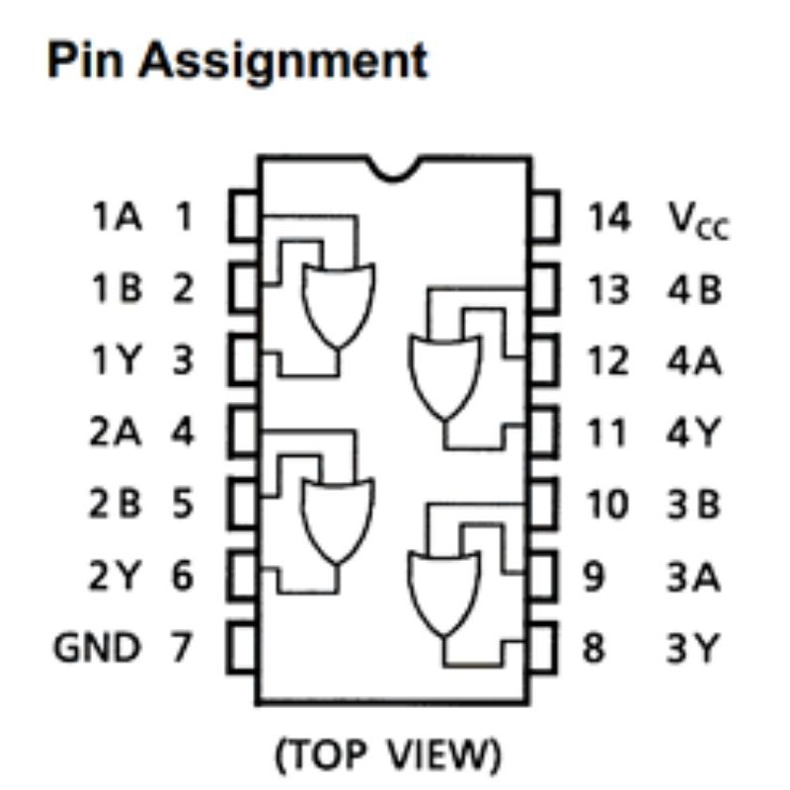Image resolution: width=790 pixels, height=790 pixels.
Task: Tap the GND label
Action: (x=97, y=649)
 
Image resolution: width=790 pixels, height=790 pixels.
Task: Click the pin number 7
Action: (x=181, y=649)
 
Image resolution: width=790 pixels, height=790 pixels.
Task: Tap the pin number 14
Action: (x=609, y=218)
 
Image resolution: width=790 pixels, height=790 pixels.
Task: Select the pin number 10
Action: (x=608, y=506)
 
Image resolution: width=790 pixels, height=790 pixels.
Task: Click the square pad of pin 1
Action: (x=244, y=216)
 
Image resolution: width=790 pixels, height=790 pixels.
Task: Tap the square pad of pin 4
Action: (x=244, y=433)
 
